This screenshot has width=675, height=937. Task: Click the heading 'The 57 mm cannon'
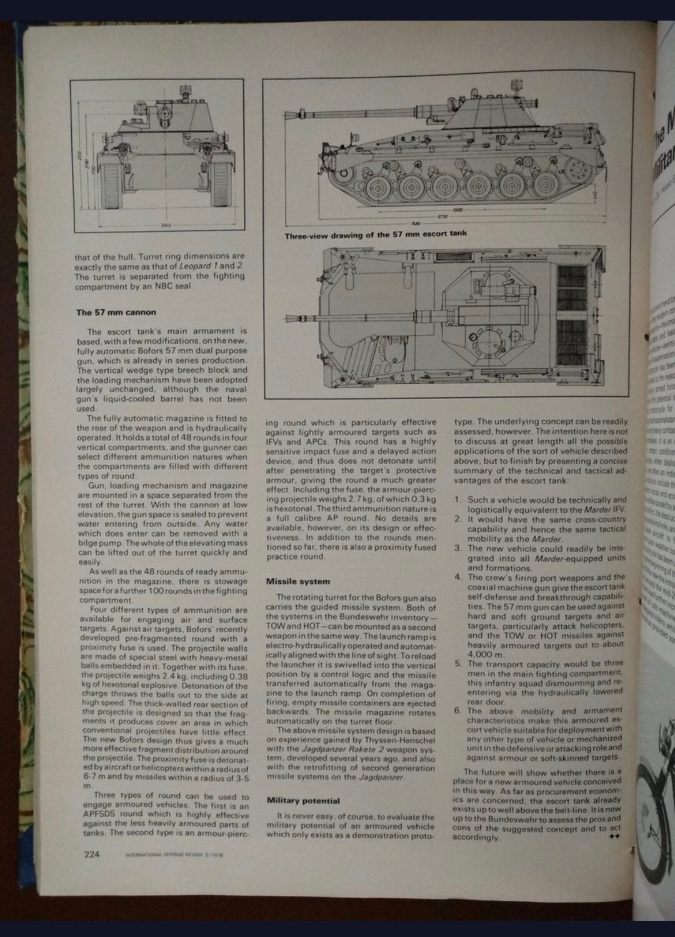point(116,312)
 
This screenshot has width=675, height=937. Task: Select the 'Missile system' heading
point(297,582)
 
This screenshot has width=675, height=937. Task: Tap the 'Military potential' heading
point(302,801)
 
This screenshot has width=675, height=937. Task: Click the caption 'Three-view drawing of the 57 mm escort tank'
point(375,235)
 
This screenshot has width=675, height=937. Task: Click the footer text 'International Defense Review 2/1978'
point(174,856)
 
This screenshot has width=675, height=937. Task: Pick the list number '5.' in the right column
point(458,664)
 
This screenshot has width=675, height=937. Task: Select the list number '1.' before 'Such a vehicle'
point(458,500)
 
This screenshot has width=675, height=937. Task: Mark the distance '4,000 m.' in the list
point(486,654)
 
